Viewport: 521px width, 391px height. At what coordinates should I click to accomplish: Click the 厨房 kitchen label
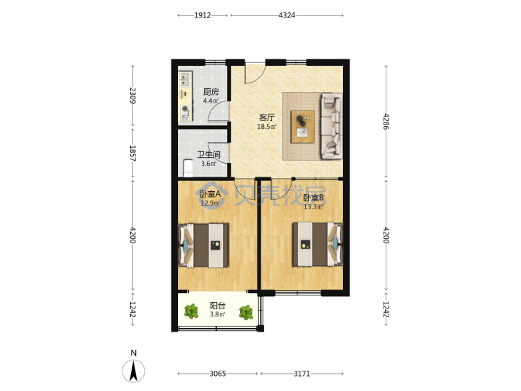click(211, 91)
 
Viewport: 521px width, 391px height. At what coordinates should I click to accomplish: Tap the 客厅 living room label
click(267, 117)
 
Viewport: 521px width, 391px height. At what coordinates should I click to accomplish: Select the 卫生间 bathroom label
click(208, 155)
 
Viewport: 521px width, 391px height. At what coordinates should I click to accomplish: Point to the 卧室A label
click(210, 193)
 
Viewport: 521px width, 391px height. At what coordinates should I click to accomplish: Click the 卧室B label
click(314, 198)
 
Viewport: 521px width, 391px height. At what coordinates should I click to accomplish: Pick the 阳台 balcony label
click(218, 306)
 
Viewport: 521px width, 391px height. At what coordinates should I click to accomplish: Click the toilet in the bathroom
click(188, 168)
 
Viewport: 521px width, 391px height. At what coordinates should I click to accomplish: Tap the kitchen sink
click(185, 80)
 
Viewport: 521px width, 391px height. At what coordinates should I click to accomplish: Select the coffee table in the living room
click(302, 127)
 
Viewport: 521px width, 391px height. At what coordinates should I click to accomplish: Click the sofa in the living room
click(331, 126)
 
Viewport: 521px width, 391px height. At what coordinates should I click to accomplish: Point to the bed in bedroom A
click(203, 245)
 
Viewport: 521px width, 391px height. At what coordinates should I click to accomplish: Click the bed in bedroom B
click(318, 245)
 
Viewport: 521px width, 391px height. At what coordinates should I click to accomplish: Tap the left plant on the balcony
click(191, 311)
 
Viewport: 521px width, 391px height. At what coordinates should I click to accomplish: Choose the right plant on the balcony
click(246, 313)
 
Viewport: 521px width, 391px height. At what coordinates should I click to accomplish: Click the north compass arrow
click(134, 371)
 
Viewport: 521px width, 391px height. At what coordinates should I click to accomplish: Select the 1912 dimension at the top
click(203, 15)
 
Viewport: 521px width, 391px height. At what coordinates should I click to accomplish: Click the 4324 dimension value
click(287, 15)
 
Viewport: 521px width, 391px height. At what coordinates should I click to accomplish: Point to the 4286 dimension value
click(386, 122)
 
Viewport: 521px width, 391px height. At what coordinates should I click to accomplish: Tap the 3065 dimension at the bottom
click(218, 374)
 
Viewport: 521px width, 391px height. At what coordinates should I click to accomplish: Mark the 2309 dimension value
click(133, 96)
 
